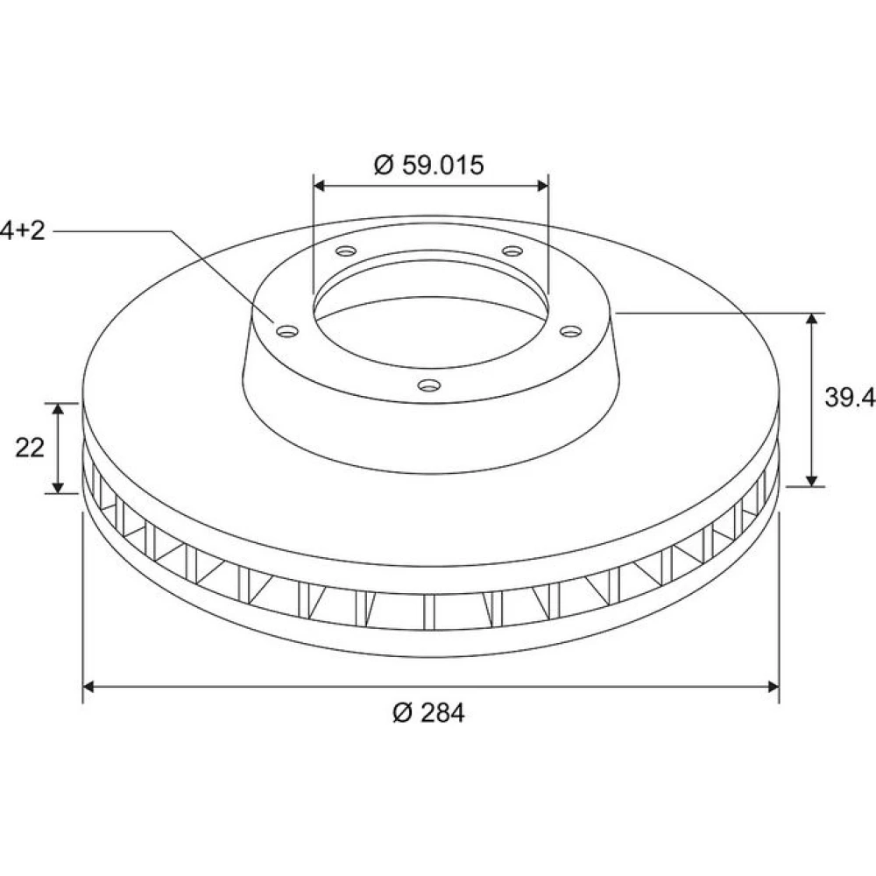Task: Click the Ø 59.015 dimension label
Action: [x=428, y=166]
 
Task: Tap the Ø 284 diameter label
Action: [x=428, y=713]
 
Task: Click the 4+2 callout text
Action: [x=23, y=230]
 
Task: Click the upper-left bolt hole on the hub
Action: [x=346, y=251]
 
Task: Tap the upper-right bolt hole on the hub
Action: [x=512, y=251]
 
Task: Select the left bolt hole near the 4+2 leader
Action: [x=287, y=332]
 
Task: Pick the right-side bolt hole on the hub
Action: [x=571, y=332]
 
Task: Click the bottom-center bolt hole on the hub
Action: [x=429, y=385]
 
